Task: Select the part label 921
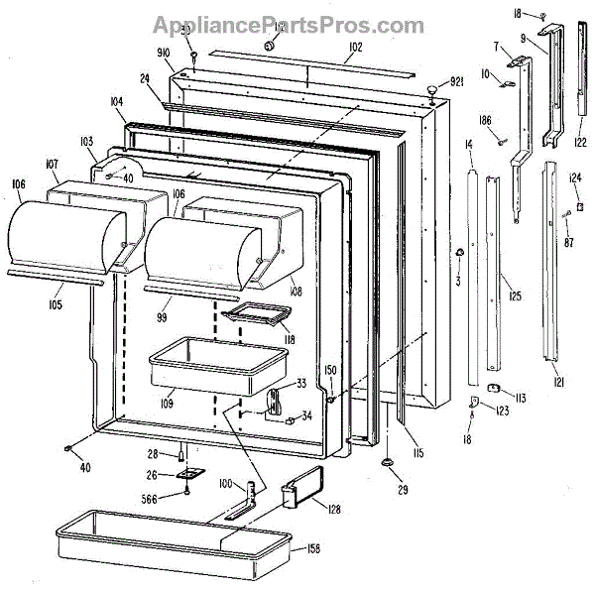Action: [x=457, y=81]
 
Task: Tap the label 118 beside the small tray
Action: [x=291, y=339]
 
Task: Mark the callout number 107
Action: [x=52, y=165]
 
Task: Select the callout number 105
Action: [x=53, y=303]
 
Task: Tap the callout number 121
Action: [x=559, y=383]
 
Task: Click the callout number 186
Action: [x=484, y=120]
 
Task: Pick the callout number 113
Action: [x=519, y=398]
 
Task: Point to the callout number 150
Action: [x=331, y=370]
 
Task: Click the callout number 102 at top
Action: [x=354, y=47]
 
